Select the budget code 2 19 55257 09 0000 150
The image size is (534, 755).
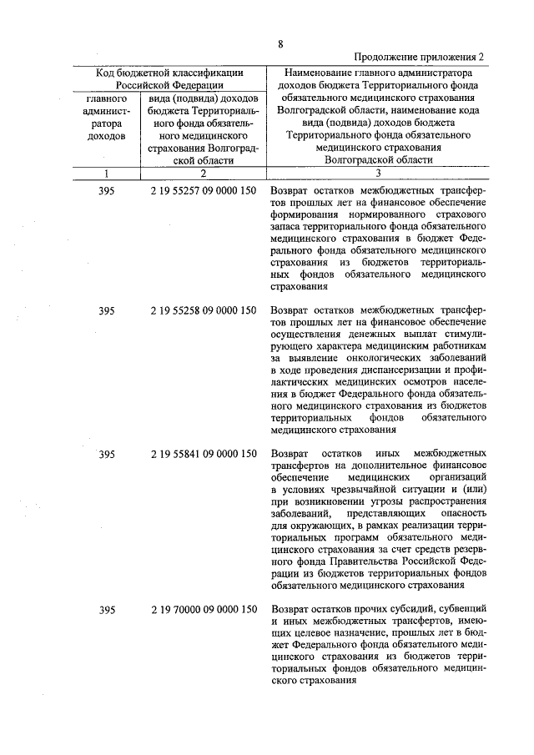204,191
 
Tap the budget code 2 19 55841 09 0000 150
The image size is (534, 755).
204,455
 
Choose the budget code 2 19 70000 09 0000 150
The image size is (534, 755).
204,611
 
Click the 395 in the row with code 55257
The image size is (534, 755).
106,191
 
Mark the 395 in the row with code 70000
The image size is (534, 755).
106,611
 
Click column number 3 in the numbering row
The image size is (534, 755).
378,174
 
